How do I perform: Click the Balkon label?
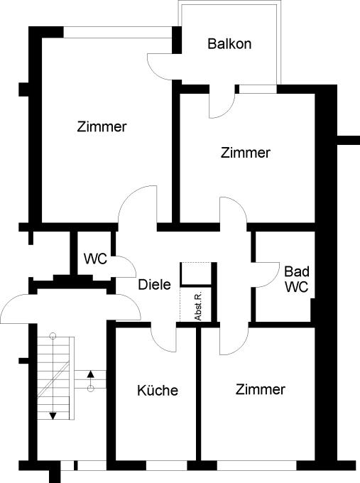pos(229,44)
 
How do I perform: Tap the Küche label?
pos(158,390)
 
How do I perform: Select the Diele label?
pos(154,284)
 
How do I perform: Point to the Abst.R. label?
pos(198,306)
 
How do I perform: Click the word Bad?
pos(297,271)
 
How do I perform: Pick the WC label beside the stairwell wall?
pos(95,259)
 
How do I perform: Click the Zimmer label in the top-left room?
pos(102,126)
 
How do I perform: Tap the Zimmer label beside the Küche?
pos(260,389)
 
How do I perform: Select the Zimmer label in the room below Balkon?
pos(246,153)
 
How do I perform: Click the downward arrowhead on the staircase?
pos(53,416)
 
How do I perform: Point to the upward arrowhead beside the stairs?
pos(91,374)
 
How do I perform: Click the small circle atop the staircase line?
pos(53,336)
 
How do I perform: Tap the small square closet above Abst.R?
pos(195,273)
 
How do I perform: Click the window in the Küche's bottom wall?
pos(167,465)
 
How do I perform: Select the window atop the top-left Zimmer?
pos(118,33)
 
